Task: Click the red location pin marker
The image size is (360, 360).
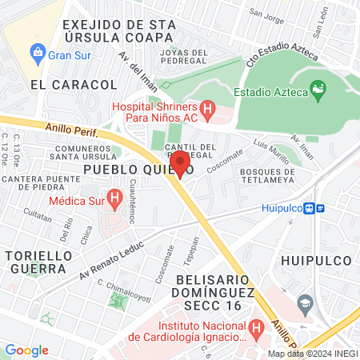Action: pos(180,163)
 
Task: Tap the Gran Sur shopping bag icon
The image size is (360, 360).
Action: pos(37,54)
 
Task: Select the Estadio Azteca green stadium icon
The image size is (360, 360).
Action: pos(318,92)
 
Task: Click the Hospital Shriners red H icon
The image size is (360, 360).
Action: pos(207,107)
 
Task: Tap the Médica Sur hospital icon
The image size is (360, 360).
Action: pos(114,196)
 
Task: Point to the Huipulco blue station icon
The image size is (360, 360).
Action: pos(321,208)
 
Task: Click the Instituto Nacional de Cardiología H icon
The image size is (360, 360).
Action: pos(256,327)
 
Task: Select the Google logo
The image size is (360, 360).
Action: pos(26,350)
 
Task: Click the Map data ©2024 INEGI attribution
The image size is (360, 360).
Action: pos(313,354)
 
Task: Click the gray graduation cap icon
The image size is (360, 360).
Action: pos(304,304)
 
